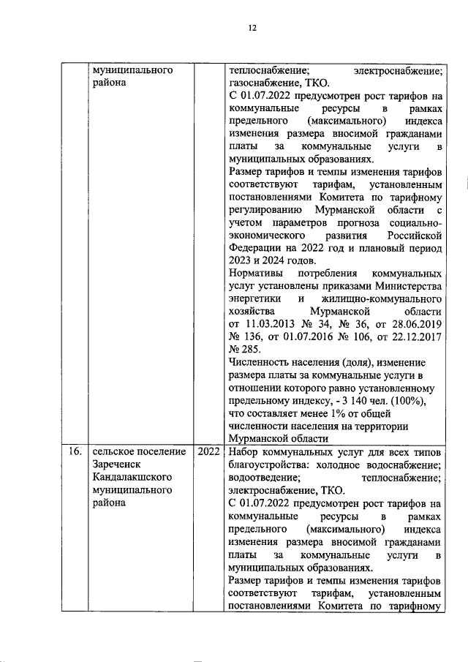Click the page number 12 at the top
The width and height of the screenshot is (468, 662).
point(252,28)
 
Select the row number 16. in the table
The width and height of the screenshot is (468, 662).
point(72,451)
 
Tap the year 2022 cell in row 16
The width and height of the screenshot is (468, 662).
point(208,451)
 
